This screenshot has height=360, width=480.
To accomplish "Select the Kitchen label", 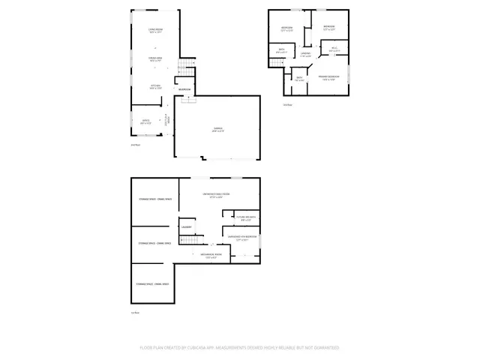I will pos(154,87).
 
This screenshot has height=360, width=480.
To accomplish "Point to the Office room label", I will pos(140,121).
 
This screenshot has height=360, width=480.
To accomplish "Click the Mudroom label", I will pos(184,90).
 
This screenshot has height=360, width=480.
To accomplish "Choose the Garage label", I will pos(217,130).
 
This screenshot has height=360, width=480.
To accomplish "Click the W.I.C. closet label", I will pos(334,50).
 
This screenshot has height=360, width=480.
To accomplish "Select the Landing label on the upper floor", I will pos(305,54).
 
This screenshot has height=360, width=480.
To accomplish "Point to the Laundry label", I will pos(186,226).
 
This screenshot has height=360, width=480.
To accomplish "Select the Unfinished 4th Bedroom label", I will pos(243,239).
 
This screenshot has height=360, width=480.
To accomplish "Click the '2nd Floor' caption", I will pos(136,145).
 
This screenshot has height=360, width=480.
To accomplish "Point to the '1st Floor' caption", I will pos(136,312).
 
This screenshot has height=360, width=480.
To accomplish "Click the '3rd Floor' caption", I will pos(287,106).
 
